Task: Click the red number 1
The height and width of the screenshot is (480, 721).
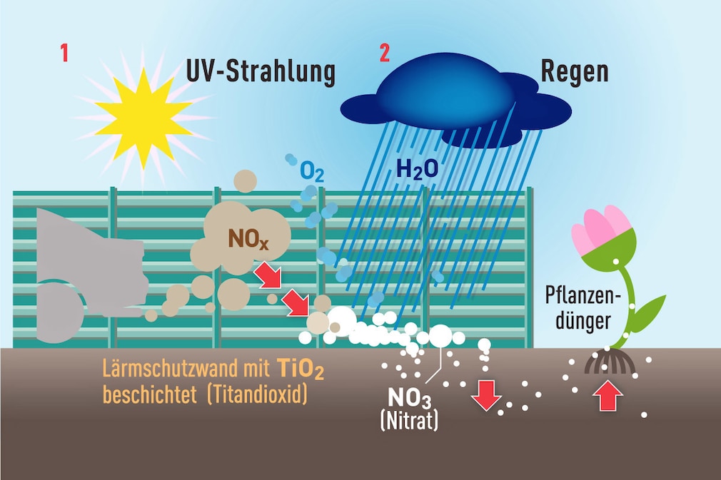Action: (64, 53)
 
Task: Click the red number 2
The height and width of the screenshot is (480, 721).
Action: (384, 53)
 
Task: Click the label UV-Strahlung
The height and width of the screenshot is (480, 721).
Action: (261, 72)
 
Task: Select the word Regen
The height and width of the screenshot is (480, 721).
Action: (575, 72)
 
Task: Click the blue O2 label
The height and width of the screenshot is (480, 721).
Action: (312, 173)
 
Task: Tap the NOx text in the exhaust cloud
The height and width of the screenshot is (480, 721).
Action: (248, 239)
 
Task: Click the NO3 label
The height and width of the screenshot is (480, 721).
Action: (410, 398)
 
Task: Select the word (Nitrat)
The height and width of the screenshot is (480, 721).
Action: (409, 420)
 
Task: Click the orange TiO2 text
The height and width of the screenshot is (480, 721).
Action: (301, 369)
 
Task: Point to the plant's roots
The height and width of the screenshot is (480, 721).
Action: (610, 362)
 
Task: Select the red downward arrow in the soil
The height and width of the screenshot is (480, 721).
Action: (486, 395)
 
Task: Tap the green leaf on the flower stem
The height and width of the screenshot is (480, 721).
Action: (650, 311)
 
